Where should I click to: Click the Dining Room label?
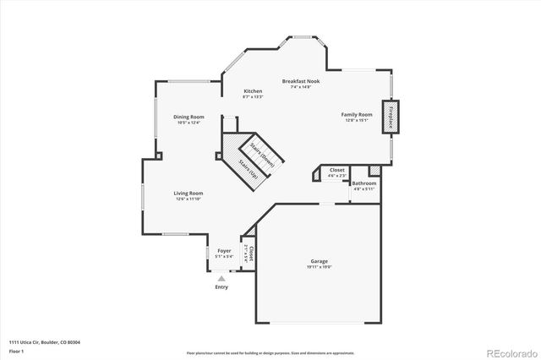point(189,117)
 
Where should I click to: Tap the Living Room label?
point(189,194)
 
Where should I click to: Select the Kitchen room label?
point(253,91)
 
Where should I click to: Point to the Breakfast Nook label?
point(300,81)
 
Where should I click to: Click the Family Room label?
point(357,114)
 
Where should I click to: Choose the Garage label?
point(319,261)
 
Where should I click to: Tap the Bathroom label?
point(364,183)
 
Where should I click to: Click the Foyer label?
point(224,251)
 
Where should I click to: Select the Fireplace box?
point(391,117)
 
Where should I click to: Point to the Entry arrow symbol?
point(221,277)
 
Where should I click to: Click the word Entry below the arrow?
point(221,287)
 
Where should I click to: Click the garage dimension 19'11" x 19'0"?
point(319,267)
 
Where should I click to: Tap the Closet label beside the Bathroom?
point(337,170)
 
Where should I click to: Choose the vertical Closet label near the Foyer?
point(250,254)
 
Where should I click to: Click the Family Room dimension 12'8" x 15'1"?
point(357,120)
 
